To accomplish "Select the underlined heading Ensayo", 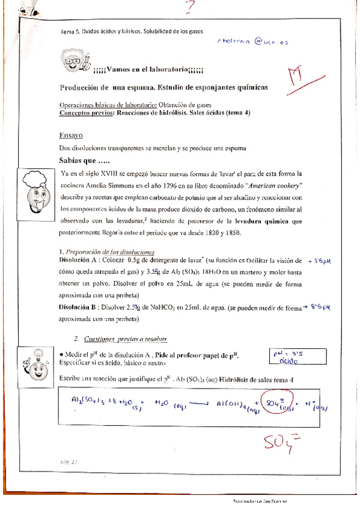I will pos(71,135).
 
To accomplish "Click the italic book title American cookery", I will pos(269,186).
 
